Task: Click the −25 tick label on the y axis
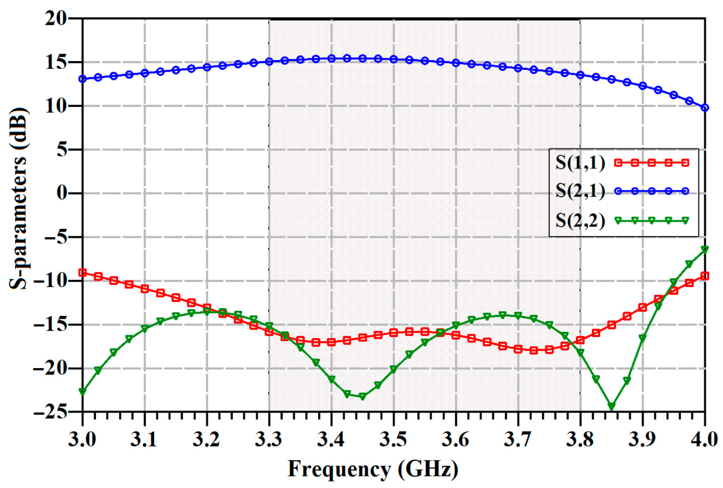click(50, 412)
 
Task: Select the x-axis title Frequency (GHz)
click(373, 469)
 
